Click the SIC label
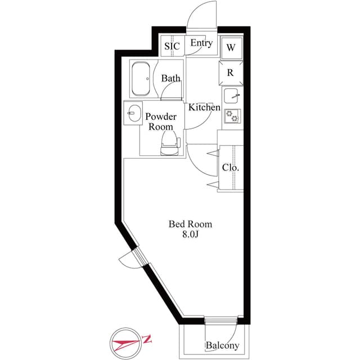172,46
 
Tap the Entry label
201,43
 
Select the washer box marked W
231,48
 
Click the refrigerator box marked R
231,73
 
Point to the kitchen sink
232,96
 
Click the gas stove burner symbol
232,116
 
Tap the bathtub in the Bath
141,79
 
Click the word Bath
170,79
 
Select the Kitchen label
204,107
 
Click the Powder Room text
161,121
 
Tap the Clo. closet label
231,167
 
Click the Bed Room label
191,224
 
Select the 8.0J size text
191,235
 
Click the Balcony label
222,345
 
